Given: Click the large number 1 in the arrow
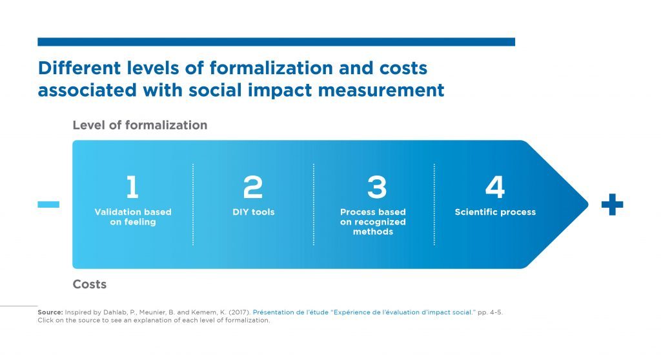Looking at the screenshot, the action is click(x=132, y=186).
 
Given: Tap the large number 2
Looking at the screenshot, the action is click(x=253, y=186).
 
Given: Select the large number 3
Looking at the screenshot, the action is click(x=376, y=186).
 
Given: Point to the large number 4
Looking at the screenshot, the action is click(x=495, y=186).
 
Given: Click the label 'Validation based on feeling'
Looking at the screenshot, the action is click(x=133, y=217).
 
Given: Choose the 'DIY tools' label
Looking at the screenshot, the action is click(x=253, y=212).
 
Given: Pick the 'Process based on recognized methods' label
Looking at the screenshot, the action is click(x=373, y=222).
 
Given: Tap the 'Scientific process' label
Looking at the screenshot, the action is click(x=495, y=212).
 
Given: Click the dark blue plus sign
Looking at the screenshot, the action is click(x=612, y=205).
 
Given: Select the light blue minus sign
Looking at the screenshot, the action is click(x=48, y=205).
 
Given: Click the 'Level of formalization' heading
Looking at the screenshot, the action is click(x=140, y=125).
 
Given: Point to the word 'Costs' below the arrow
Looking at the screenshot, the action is click(x=89, y=284).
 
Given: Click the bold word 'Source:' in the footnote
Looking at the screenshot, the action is click(x=50, y=312).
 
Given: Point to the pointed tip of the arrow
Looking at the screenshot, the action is click(x=587, y=205).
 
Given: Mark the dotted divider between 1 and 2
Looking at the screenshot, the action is click(x=193, y=205).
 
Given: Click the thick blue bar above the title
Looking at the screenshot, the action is click(x=276, y=42).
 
